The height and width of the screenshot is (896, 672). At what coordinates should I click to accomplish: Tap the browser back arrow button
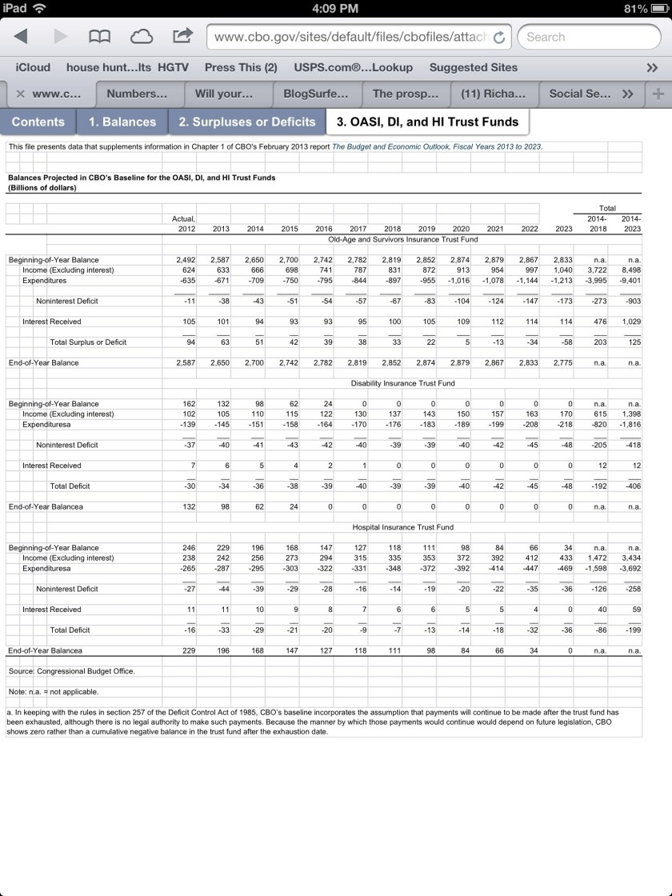point(22,37)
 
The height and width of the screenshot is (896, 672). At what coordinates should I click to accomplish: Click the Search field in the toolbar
point(588,37)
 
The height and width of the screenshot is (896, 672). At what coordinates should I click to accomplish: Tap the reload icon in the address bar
point(499,37)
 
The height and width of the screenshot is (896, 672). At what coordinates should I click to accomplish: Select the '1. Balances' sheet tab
point(122,122)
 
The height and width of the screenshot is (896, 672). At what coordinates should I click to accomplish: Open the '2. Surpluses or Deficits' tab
point(246,122)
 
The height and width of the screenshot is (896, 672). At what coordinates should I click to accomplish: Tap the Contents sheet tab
point(38,122)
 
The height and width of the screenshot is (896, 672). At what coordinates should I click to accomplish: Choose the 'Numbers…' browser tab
point(137,94)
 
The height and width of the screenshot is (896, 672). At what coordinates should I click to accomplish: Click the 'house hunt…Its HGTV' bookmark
point(127,67)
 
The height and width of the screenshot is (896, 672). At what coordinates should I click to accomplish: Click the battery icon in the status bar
point(659,9)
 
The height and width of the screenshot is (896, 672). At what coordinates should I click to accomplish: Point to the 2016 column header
point(323,229)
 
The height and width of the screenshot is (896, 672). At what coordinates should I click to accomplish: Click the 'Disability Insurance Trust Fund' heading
point(402,383)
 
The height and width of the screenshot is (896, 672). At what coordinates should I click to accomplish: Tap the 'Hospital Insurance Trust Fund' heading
point(402,527)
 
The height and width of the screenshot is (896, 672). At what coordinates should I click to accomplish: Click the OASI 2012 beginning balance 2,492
point(185,260)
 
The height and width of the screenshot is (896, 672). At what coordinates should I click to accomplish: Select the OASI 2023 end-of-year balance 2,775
point(562,362)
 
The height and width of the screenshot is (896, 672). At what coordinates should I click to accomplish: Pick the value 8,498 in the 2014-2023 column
point(630,270)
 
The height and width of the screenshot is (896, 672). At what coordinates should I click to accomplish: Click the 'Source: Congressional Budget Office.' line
point(71,671)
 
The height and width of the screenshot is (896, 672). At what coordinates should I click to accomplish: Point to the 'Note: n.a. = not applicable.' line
point(53,691)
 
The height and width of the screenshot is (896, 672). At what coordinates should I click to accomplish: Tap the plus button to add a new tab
point(658,94)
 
